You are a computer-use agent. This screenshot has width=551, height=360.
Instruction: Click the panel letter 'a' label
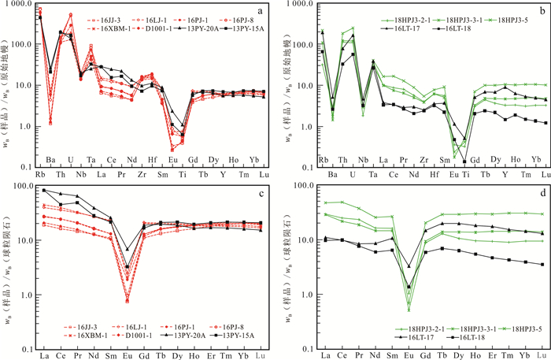tap(260, 10)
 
